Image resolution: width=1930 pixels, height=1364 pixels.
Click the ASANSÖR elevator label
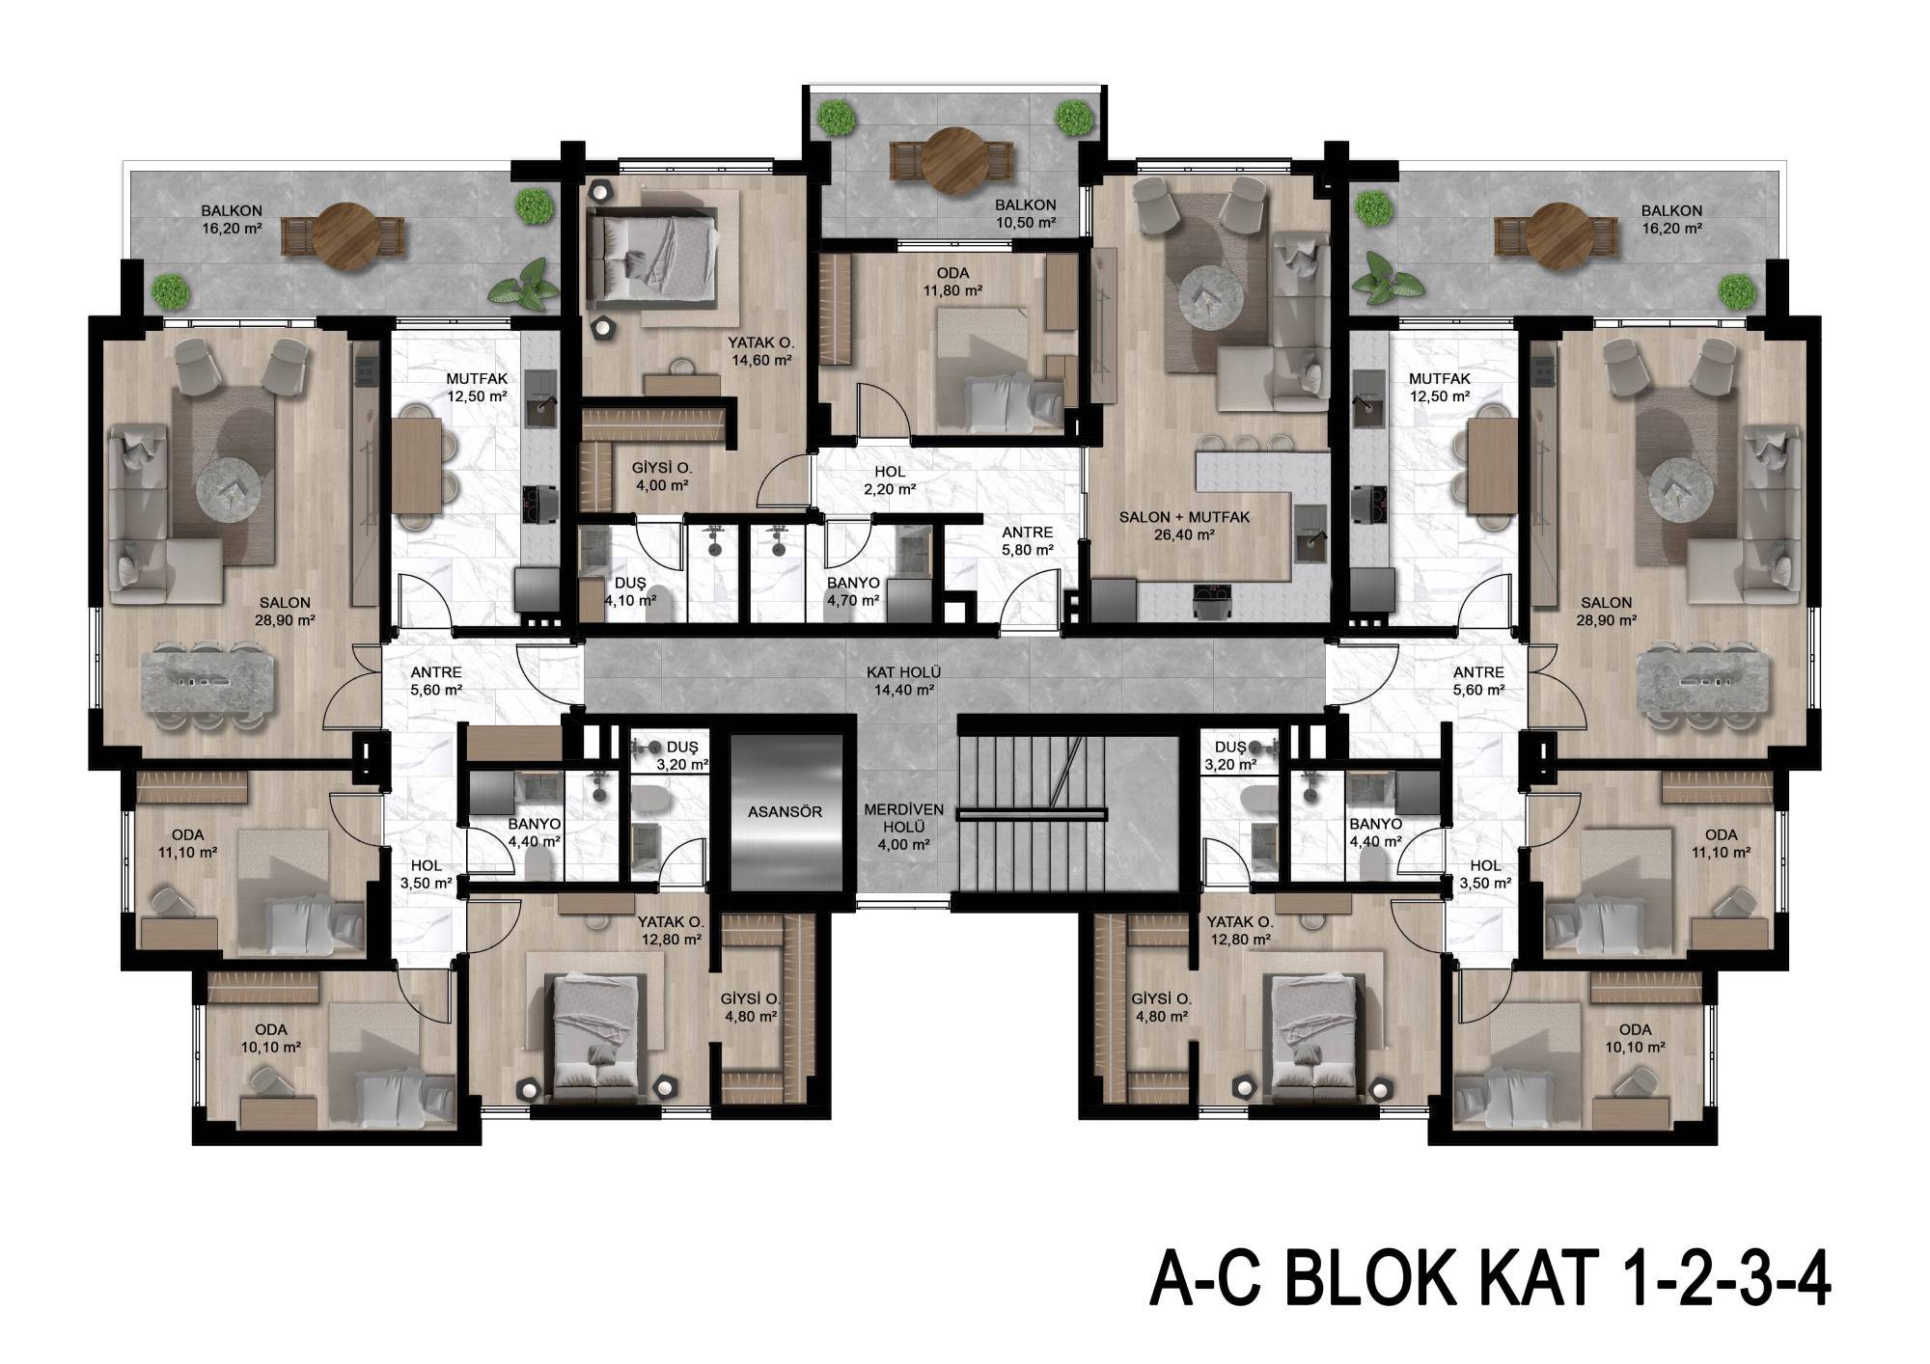[x=785, y=811]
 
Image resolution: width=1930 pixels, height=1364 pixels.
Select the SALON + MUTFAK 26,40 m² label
[x=1184, y=526]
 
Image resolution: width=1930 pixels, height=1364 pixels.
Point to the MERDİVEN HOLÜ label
[x=903, y=818]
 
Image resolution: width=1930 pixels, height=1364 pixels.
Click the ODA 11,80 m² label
[x=952, y=282]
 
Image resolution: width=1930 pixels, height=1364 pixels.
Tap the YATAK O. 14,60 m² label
[x=760, y=351]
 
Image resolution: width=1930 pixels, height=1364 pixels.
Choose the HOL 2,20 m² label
[x=889, y=480]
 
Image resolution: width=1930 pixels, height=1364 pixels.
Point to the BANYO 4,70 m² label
[x=853, y=592]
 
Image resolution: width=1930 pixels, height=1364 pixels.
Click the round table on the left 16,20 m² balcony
[x=343, y=234]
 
